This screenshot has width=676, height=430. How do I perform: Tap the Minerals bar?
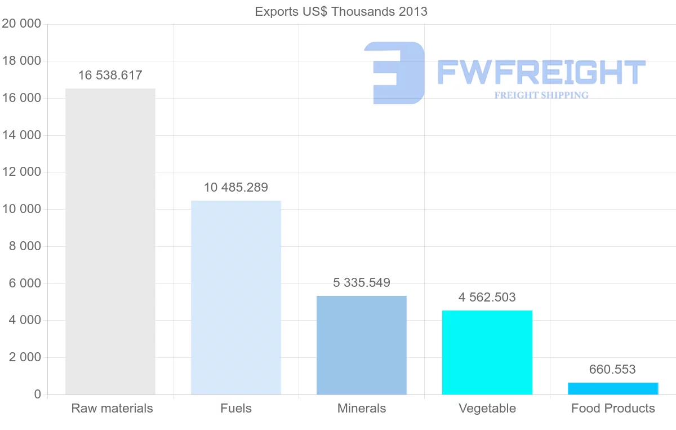click(x=362, y=345)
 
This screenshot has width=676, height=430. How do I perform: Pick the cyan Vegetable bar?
click(x=487, y=352)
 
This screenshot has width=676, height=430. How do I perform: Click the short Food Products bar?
click(x=613, y=388)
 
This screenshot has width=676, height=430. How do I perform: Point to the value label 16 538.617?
click(x=110, y=75)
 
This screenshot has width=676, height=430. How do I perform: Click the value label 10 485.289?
click(x=236, y=187)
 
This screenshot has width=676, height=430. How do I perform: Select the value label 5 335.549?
click(x=362, y=282)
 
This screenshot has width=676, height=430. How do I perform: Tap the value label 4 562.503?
click(x=487, y=297)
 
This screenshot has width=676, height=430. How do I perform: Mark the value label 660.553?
click(x=612, y=369)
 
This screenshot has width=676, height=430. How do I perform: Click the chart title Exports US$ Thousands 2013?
click(x=341, y=11)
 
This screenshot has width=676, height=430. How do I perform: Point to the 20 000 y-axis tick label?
click(x=21, y=24)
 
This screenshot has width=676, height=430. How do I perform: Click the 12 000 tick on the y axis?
click(x=21, y=172)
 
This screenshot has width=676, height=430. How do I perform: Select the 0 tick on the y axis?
click(x=37, y=394)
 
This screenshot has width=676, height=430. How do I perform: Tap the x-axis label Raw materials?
click(x=112, y=408)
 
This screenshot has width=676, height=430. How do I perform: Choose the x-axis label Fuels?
click(x=236, y=408)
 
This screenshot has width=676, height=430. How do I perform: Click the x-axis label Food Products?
click(x=613, y=408)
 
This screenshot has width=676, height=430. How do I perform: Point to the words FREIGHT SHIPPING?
click(x=541, y=95)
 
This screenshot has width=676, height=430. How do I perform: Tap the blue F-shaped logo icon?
click(x=395, y=73)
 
